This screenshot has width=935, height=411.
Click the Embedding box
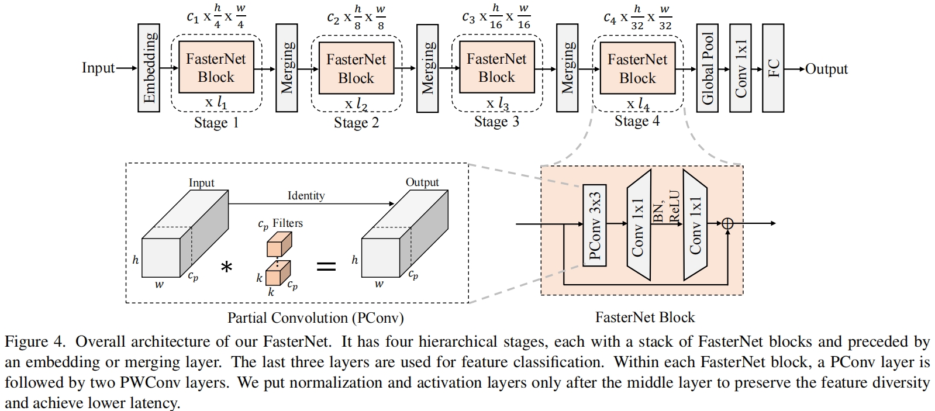click(149, 68)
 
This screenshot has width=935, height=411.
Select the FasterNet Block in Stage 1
click(216, 67)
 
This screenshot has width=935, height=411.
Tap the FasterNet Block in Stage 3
click(496, 67)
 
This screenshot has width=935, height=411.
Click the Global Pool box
click(707, 68)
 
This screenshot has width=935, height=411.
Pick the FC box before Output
click(773, 68)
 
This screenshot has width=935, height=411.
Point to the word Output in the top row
click(826, 69)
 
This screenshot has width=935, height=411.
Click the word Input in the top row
click(98, 68)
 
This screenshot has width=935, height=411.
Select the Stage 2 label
click(357, 123)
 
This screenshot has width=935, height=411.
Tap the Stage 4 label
click(637, 121)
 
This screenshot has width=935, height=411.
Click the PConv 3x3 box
click(595, 225)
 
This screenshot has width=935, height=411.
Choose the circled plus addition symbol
click(727, 223)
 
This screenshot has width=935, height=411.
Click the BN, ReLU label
click(667, 207)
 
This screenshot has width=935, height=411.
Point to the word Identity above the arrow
click(306, 196)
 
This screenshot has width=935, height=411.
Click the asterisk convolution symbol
click(226, 267)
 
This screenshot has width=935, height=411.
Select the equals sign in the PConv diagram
click(326, 266)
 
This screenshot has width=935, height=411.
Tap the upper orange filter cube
click(280, 244)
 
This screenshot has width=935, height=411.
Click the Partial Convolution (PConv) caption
click(316, 318)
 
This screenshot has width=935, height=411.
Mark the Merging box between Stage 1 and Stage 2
click(287, 68)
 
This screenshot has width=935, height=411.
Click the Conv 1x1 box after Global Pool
click(740, 68)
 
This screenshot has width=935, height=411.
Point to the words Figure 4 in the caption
click(35, 342)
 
